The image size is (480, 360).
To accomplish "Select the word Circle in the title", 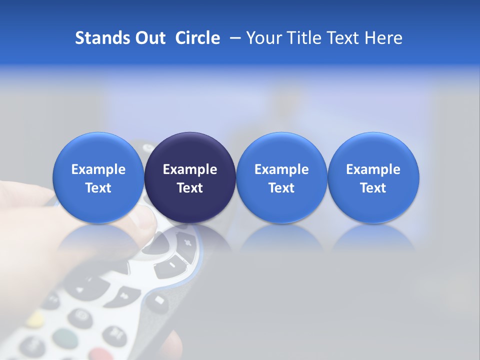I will click(197, 38).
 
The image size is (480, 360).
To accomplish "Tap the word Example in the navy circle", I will click(190, 169).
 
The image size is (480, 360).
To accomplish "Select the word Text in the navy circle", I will click(190, 188).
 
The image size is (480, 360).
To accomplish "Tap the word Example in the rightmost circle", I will click(373, 169).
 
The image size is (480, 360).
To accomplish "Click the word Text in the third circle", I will click(281, 188).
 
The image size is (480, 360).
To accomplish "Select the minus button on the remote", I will click(171, 264).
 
